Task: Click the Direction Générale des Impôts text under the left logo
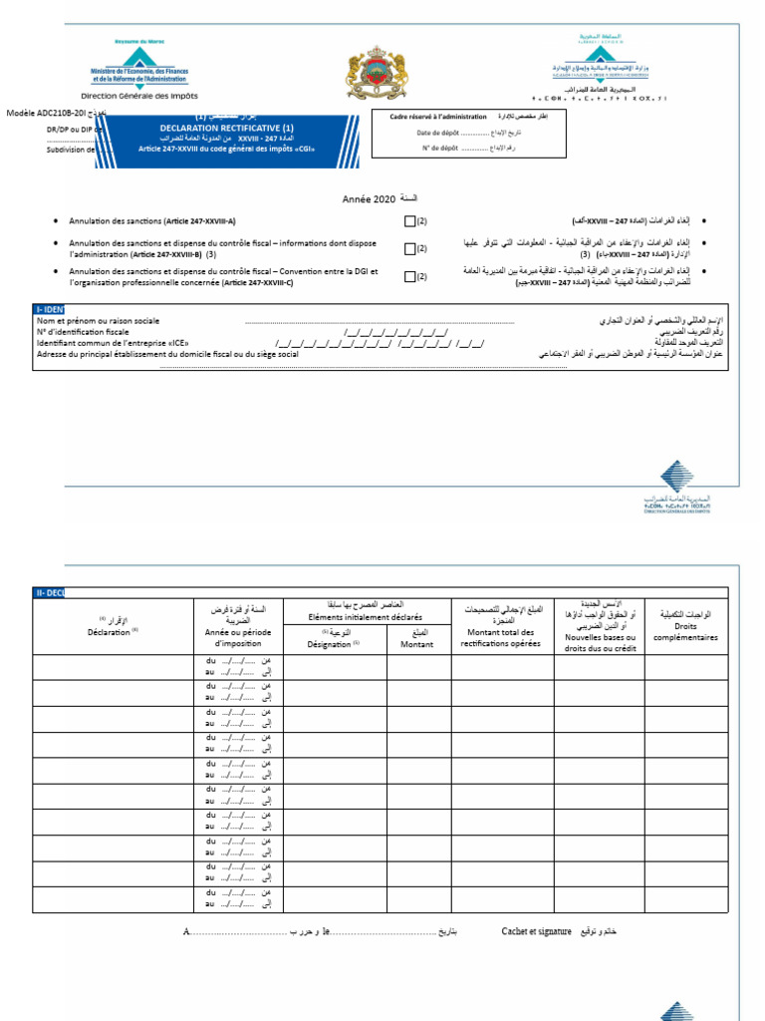139,96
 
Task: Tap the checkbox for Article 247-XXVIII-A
409,220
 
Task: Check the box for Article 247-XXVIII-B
409,248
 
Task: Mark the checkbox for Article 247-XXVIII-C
409,277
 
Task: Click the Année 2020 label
370,200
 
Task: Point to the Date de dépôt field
453,132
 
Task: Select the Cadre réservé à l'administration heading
438,117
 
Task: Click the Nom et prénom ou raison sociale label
98,321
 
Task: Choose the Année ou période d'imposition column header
237,637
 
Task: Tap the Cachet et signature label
536,930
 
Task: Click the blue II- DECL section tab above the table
49,592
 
